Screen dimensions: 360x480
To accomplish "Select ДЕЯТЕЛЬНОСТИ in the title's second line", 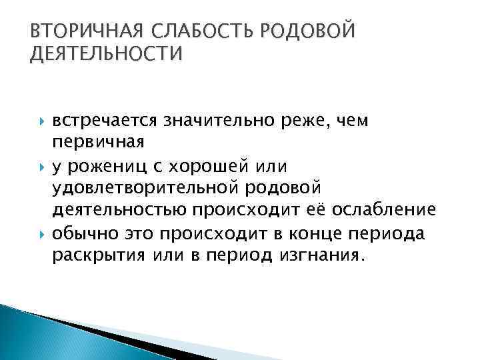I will click(x=106, y=54).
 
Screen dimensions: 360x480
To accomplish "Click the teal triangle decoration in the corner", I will click(x=33, y=337).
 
